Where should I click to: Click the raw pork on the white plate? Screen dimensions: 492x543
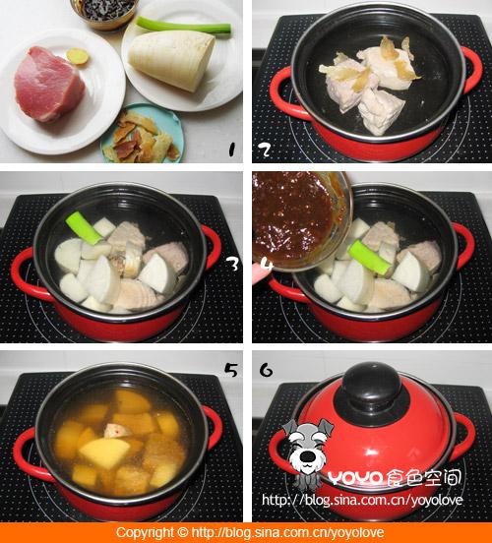49,86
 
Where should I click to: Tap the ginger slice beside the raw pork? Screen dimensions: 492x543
77,55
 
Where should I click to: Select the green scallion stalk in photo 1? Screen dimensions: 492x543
183,25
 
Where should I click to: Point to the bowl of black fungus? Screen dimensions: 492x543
104,13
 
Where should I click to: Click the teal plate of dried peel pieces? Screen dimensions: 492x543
142,135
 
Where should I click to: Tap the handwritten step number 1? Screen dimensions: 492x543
231,150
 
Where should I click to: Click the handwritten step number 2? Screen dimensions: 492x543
265,150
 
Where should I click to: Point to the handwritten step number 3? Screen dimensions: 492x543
234,265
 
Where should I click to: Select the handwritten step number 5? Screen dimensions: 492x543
231,370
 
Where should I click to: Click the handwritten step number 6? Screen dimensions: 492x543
266,370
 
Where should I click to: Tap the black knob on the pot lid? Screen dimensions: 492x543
372,387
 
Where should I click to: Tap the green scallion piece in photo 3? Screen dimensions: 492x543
85,227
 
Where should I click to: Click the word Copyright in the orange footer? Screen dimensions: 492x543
146,532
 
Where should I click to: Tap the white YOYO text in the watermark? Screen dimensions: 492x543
354,478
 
